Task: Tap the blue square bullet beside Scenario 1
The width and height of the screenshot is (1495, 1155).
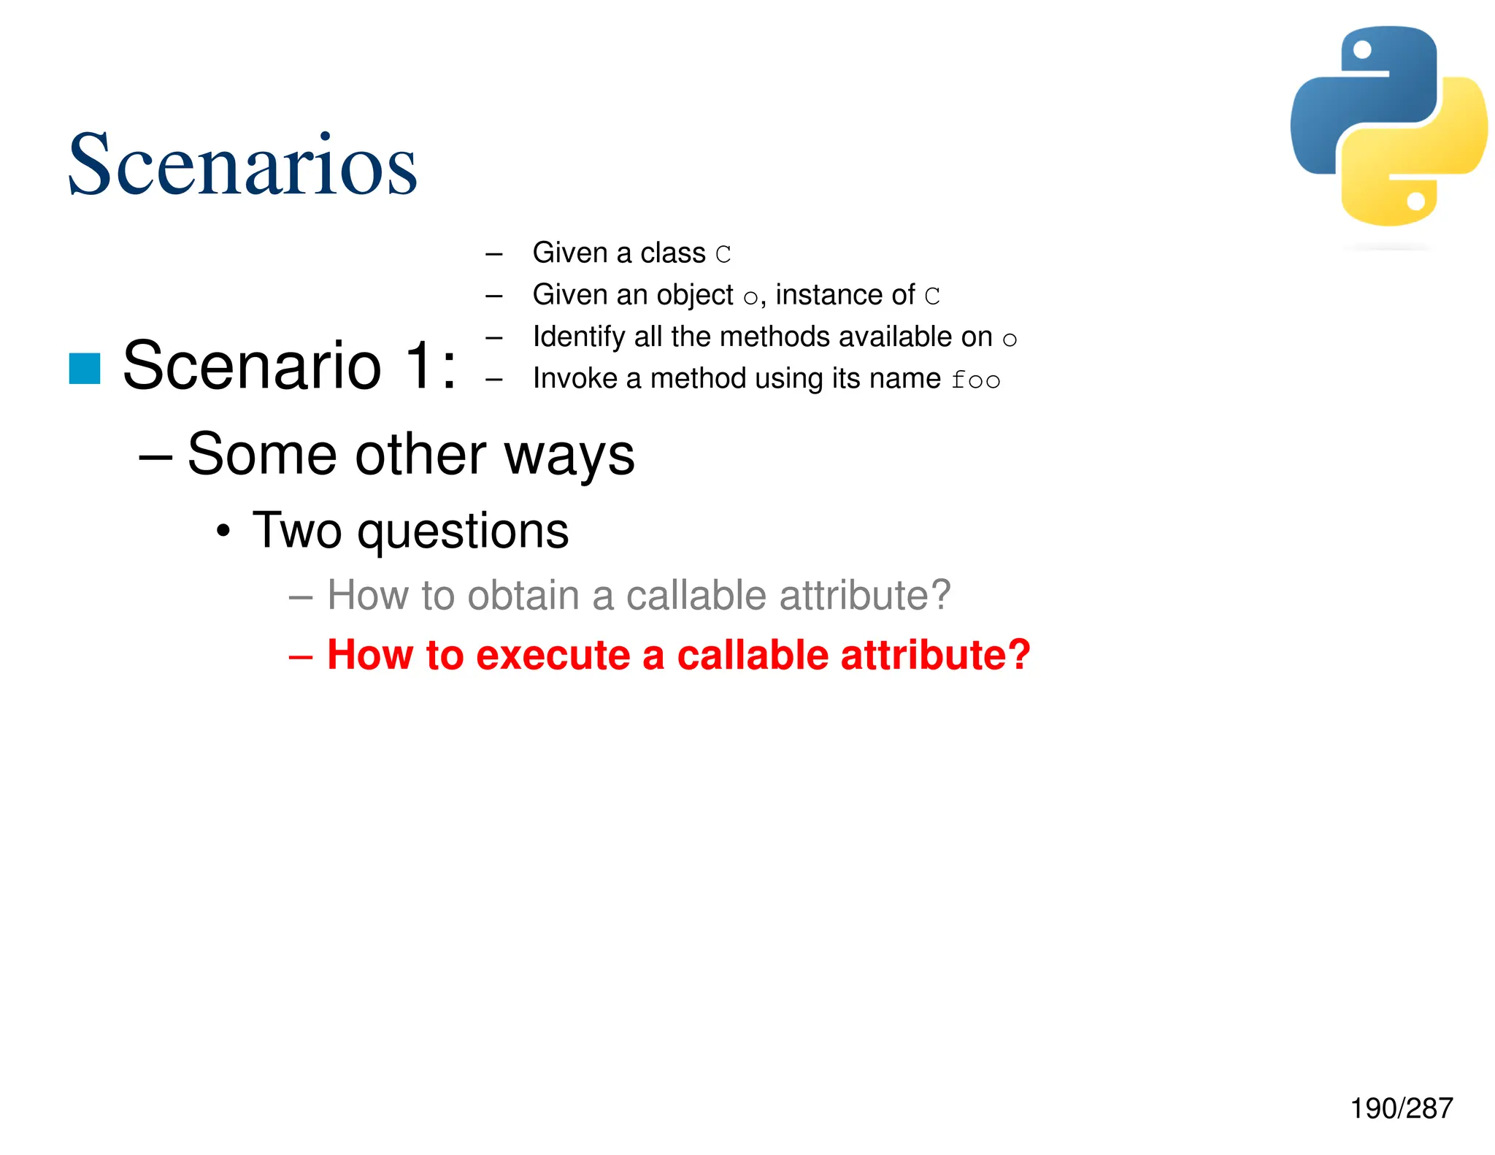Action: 85,368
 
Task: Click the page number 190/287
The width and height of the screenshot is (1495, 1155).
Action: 1401,1108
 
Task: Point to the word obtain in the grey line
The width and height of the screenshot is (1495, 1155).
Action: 523,595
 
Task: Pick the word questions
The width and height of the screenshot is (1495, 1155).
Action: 463,532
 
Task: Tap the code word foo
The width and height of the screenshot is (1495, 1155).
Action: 975,380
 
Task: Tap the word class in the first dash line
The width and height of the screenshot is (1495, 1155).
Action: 672,253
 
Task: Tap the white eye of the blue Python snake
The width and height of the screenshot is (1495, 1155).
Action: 1362,50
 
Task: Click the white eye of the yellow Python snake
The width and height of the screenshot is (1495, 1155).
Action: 1415,201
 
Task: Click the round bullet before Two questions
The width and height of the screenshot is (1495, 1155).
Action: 223,531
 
